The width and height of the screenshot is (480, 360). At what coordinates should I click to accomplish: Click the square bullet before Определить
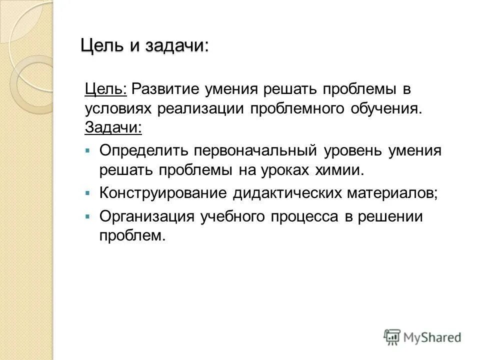coord(87,150)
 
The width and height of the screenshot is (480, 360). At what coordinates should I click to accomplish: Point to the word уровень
coord(350,150)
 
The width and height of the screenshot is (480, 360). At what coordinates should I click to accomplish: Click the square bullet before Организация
coord(87,216)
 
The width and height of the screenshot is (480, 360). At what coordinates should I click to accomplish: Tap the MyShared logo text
coord(433,337)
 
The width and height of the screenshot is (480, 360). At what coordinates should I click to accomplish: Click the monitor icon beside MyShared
coord(392,336)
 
